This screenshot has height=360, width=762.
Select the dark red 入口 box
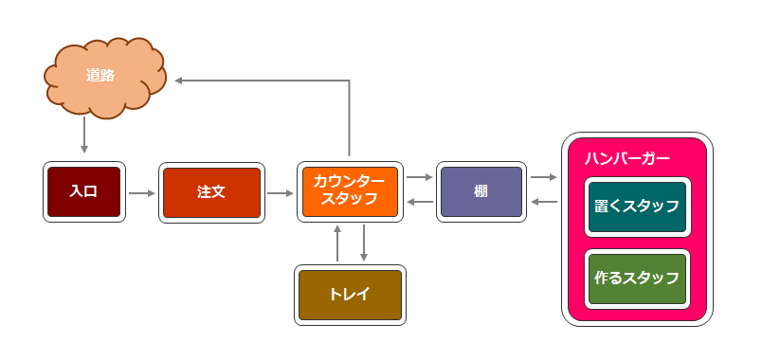(83, 191)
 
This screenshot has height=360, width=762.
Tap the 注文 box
(210, 191)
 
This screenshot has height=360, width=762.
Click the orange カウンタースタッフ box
(349, 191)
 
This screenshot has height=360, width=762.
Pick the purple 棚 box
(480, 191)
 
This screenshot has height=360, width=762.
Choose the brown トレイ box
(350, 294)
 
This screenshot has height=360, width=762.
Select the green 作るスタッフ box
(636, 279)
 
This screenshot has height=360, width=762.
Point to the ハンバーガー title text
(626, 157)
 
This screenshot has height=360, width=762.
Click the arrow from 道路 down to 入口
(84, 137)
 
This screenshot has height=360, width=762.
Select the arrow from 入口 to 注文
(141, 193)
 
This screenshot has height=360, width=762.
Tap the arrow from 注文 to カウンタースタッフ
(281, 193)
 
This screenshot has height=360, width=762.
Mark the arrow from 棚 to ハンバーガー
(544, 177)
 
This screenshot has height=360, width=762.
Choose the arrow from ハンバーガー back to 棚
(544, 202)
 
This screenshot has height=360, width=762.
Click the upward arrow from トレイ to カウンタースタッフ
(337, 243)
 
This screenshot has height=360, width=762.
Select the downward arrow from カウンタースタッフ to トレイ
(364, 243)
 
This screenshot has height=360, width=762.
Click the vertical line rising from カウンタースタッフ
(350, 118)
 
